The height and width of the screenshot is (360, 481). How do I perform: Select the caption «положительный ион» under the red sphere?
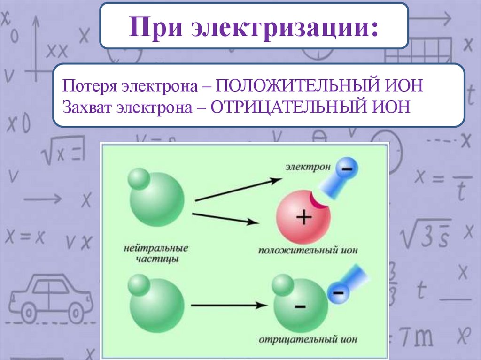pos(308,250)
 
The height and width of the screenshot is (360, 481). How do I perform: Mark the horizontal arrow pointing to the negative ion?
pos(226,306)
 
